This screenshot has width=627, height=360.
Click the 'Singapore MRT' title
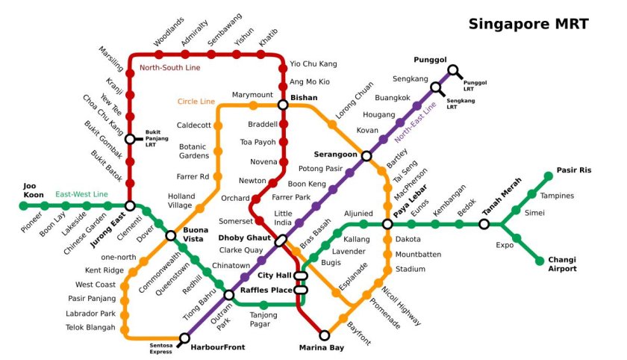point(528,24)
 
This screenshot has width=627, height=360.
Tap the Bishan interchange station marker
point(283,105)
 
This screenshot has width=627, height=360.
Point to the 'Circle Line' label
point(196,102)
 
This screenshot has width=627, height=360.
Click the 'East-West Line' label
point(81,195)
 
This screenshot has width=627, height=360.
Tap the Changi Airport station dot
point(540,261)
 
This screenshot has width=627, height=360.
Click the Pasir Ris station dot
point(549,176)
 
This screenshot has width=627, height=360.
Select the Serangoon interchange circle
point(366,155)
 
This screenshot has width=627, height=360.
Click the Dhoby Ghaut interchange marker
point(281,240)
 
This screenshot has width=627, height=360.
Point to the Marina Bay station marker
point(325,335)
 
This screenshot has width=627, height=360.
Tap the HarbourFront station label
point(216,347)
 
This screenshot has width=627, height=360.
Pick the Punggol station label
point(430,60)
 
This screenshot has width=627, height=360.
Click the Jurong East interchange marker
point(130,206)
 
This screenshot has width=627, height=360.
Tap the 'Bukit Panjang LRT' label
point(156,138)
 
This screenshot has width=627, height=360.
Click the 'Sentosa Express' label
point(161,348)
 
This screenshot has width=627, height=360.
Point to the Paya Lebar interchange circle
point(387,224)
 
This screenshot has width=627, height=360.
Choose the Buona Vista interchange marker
point(171,236)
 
